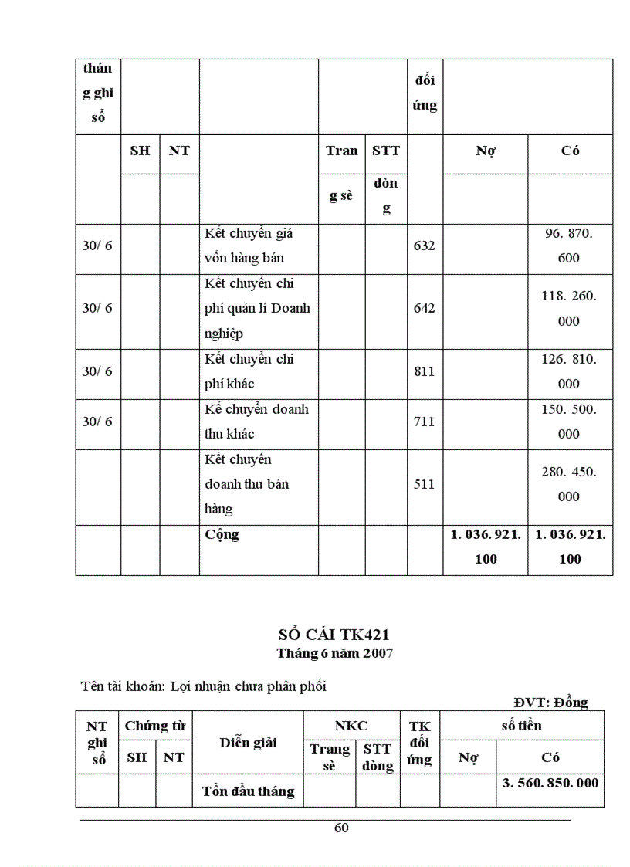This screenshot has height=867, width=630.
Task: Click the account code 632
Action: (424, 246)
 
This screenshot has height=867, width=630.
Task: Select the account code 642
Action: (424, 308)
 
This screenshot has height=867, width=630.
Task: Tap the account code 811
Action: (424, 371)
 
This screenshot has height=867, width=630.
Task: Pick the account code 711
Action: (424, 422)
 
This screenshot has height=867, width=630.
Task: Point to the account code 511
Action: (424, 484)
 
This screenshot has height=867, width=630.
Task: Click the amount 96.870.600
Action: (569, 246)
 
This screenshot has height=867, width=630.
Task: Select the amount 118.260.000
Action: (569, 308)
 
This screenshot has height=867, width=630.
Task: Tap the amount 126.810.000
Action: (569, 371)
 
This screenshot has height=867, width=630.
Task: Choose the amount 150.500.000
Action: (569, 422)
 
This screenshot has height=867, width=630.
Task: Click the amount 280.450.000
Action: (569, 484)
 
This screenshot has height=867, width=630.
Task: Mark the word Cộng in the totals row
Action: (222, 534)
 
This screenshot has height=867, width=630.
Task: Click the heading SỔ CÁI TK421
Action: (334, 635)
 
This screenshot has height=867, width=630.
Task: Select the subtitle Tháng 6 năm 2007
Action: (335, 653)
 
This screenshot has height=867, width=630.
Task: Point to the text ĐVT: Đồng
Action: (550, 703)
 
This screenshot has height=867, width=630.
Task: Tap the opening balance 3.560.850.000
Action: (550, 782)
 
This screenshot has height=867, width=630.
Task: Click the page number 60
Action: (341, 828)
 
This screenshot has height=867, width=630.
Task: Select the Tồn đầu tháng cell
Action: (248, 791)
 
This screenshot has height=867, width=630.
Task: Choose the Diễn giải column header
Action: (248, 743)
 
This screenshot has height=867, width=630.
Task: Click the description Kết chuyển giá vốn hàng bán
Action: (249, 246)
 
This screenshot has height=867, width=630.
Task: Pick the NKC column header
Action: (351, 726)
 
